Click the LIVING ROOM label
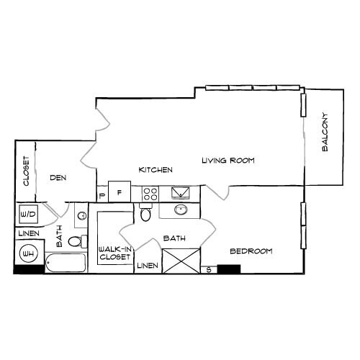(228, 160)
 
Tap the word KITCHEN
(156, 170)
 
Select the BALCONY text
(325, 132)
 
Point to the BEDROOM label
(251, 251)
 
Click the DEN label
(58, 177)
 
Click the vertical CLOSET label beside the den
(26, 171)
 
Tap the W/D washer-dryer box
(29, 215)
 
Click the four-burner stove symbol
(150, 193)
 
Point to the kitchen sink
(180, 192)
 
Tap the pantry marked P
(102, 194)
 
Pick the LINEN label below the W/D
(29, 233)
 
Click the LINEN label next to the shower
(147, 266)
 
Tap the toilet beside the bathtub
(81, 241)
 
